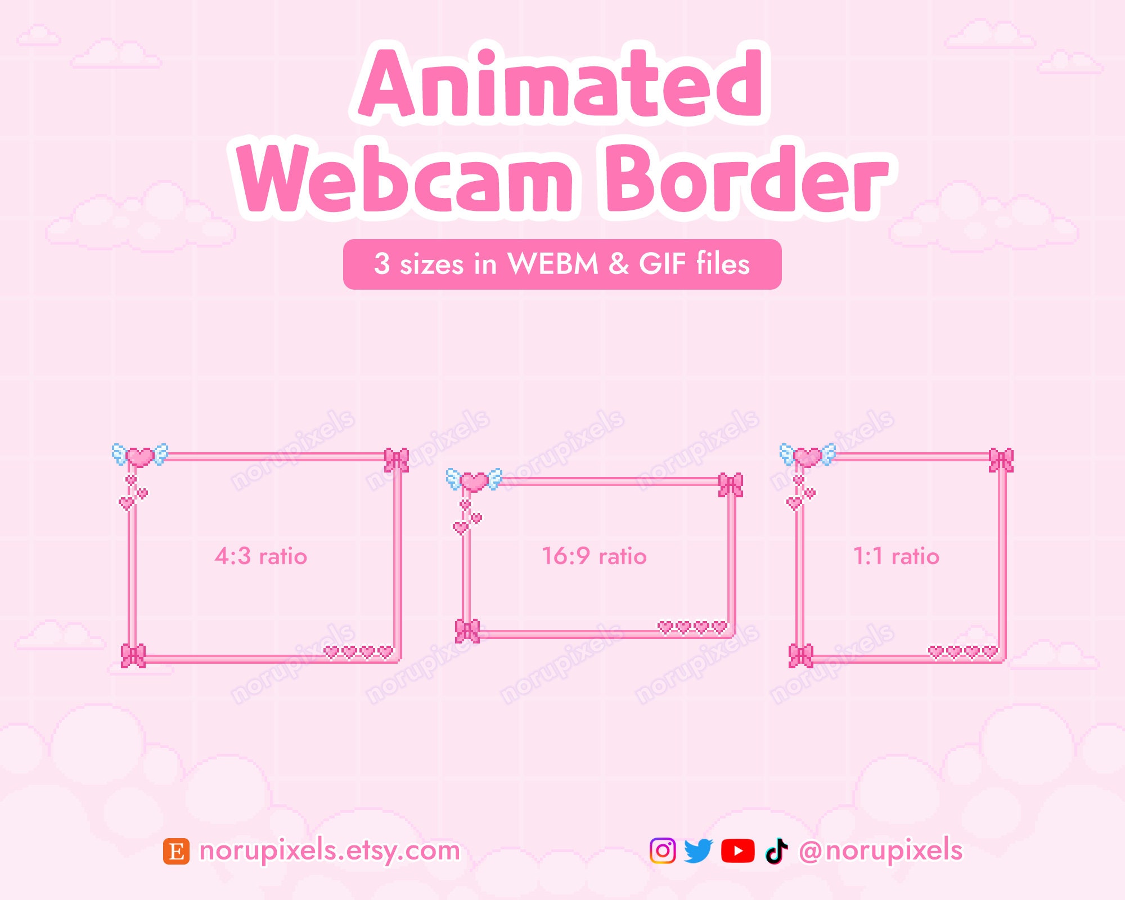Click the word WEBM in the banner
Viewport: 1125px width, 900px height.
(552, 263)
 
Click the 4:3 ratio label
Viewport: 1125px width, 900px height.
(260, 556)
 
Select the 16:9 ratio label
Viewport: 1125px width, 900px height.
(594, 556)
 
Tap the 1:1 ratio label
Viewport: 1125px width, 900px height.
(896, 556)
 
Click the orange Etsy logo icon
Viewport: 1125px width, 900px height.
(176, 851)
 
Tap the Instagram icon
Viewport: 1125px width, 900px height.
(663, 850)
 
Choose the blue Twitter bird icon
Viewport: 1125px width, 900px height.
(699, 850)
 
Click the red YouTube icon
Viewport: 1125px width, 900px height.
(737, 850)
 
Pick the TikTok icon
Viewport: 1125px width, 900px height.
(776, 850)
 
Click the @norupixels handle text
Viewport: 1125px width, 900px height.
(880, 850)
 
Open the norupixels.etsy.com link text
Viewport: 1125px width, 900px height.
(330, 850)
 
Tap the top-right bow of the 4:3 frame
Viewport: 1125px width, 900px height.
(397, 460)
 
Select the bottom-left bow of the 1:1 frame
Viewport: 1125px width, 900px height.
(801, 655)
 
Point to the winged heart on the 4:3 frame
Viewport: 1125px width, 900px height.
(140, 456)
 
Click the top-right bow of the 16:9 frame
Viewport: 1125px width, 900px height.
(731, 485)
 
